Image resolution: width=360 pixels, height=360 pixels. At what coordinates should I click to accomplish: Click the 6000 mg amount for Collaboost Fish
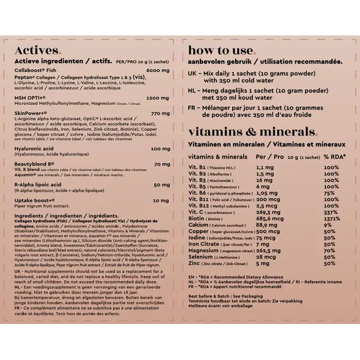click(158, 71)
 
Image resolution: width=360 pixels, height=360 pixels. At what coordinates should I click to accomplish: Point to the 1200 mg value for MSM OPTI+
click(158, 97)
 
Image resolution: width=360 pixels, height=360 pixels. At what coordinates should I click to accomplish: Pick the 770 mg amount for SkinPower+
click(160, 113)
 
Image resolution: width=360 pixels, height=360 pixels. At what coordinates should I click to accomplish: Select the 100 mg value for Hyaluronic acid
click(160, 148)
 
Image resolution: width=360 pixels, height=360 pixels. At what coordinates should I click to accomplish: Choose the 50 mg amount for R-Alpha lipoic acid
click(161, 185)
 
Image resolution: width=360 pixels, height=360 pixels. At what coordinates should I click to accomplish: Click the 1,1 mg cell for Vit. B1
click(265, 167)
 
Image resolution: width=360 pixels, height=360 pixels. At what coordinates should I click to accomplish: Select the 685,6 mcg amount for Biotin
click(271, 219)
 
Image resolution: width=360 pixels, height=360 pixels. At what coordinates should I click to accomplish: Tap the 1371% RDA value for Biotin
click(334, 219)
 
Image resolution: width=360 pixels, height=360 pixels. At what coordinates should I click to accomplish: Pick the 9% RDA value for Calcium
click(328, 226)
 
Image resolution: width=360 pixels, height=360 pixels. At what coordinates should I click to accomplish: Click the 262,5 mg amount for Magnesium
click(268, 251)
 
